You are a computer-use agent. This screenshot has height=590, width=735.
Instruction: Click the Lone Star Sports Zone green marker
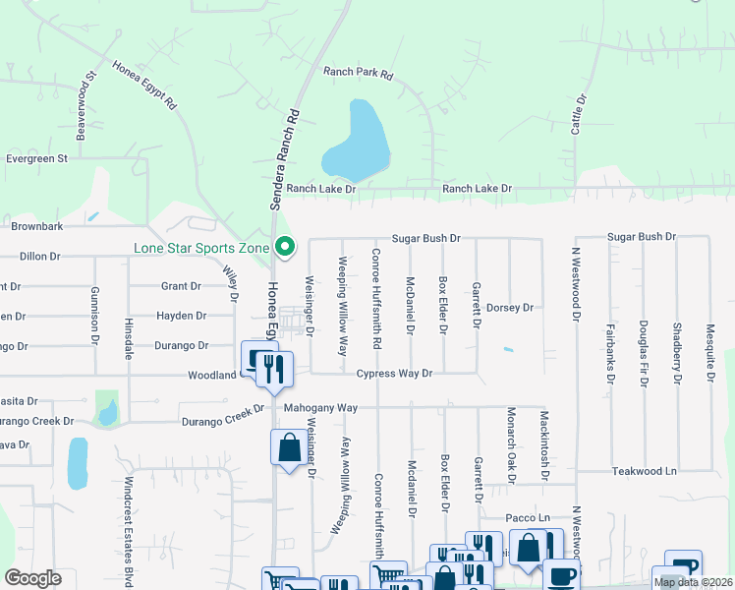tap(285, 246)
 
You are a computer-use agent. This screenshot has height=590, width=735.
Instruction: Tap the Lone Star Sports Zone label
tap(201, 248)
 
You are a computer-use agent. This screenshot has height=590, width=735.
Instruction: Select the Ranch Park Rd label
tap(358, 74)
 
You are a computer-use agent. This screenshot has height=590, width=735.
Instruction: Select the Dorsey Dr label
tap(509, 308)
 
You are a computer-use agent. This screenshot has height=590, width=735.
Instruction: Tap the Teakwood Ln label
tap(644, 472)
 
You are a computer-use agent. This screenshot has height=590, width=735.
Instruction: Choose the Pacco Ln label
tap(528, 518)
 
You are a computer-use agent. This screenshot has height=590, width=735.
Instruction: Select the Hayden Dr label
tap(181, 317)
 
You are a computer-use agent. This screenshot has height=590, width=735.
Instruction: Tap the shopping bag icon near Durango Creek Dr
tap(288, 447)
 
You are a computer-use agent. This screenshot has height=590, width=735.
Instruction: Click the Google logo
tap(32, 577)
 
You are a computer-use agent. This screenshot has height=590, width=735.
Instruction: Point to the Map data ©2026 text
tap(693, 582)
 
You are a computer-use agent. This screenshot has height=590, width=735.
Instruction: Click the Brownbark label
tap(37, 226)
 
